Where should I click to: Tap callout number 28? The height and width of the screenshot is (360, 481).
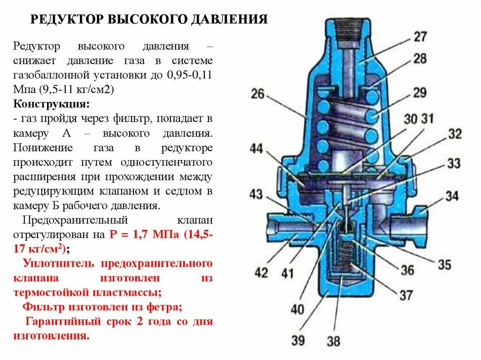click(x=420, y=59)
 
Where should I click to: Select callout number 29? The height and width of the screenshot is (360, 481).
click(x=420, y=92)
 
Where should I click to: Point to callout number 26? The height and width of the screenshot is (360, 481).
click(x=257, y=94)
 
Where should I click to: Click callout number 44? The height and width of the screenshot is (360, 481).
click(x=256, y=149)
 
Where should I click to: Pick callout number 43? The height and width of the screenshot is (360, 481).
click(x=256, y=193)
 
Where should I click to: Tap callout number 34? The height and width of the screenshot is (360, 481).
click(x=451, y=195)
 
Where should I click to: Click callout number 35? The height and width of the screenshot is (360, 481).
click(x=444, y=264)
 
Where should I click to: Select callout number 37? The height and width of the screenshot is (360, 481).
click(x=406, y=295)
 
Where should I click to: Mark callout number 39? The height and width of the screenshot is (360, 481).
click(x=298, y=339)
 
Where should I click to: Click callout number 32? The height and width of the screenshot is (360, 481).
click(x=454, y=134)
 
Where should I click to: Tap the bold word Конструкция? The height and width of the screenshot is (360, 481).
click(x=51, y=103)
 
